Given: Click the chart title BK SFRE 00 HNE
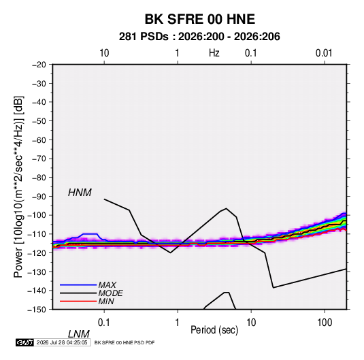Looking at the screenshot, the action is coord(199,19).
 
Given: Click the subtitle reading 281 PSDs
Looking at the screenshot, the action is coord(144,37).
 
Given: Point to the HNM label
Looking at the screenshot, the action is coord(80,193).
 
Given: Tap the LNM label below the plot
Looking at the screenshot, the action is coord(79,334).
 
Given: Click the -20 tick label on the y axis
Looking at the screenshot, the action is coord(39,65).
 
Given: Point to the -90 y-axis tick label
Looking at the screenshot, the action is coord(39,196).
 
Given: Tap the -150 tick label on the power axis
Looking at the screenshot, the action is coord(37,310).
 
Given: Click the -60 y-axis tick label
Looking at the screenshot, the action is coord(39,140).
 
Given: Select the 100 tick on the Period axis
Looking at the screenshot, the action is coord(325,323).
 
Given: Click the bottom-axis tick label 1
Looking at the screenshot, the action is coord(178,323).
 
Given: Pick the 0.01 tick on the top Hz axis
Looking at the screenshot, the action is coord(324,53).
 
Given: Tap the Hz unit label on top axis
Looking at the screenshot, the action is coord(214,53).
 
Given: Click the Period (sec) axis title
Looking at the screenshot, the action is coord(214,330).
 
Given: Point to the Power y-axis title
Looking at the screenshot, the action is coord(18,186).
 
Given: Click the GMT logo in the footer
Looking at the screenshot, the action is coord(24,342).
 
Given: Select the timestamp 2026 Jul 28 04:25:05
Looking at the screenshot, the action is coord(62,342).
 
